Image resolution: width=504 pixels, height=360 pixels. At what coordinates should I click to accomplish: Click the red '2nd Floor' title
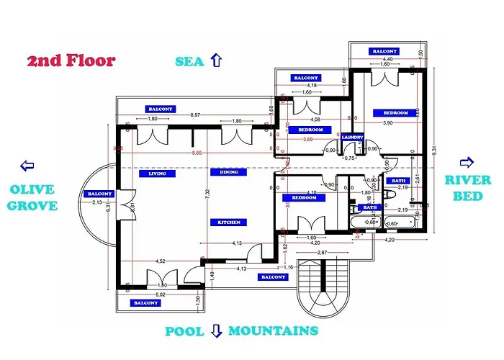point(71,60)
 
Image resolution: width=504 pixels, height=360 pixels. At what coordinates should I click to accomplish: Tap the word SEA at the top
point(191,60)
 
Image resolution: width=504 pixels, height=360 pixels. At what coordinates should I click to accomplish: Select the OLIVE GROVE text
point(33,197)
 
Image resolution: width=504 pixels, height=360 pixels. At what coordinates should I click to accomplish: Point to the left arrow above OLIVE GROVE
point(28,166)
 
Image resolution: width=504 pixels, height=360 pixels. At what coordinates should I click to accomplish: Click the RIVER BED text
point(467,186)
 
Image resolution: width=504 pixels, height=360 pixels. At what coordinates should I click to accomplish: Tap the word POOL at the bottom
point(185,331)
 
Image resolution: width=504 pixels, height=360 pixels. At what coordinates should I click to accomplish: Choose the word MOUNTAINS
point(273,331)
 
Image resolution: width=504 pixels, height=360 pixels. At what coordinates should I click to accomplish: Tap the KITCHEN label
point(229,222)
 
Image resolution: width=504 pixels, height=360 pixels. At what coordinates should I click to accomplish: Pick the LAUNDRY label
point(352,137)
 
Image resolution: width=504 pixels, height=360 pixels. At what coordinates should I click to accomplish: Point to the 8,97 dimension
point(195,115)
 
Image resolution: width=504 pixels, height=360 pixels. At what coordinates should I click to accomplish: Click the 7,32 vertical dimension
point(207,193)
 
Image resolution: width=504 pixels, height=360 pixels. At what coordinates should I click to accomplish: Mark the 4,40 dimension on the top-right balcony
point(387,60)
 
